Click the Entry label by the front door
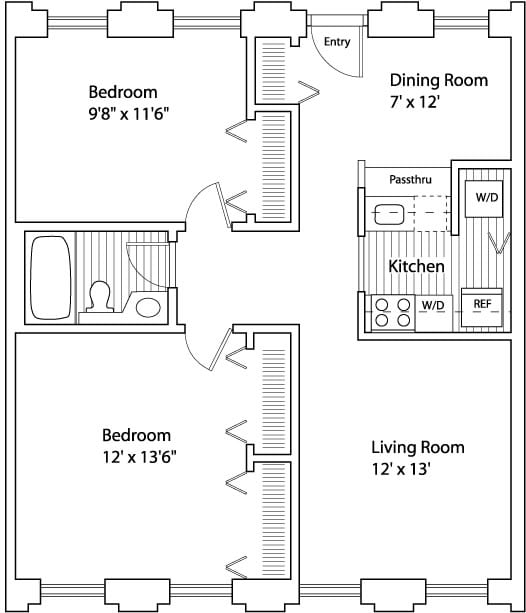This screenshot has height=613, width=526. point(337,42)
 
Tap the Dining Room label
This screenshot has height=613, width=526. point(439,80)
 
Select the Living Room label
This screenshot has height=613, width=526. point(418,447)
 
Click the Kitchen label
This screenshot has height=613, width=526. point(416,266)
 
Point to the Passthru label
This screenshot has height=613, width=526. point(411,179)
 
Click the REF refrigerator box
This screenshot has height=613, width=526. point(481,308)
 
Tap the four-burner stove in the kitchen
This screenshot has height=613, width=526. point(393,313)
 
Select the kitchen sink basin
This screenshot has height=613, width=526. point(389,214)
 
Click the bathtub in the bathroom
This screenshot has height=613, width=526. point(51,278)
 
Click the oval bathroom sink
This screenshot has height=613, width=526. point(148,307)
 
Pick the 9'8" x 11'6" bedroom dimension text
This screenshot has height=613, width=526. point(129,114)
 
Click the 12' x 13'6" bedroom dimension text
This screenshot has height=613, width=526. point(140,457)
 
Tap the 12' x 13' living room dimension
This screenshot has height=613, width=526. point(401,469)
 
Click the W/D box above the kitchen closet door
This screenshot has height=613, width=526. point(484,199)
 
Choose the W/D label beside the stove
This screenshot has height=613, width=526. point(433,305)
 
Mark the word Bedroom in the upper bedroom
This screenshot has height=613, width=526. point(123,92)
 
